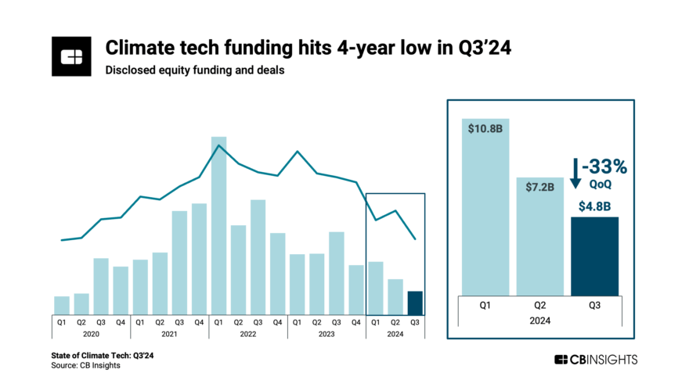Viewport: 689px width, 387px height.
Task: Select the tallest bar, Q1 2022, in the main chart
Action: (218, 226)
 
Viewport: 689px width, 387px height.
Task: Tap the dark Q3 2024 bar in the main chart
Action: (415, 303)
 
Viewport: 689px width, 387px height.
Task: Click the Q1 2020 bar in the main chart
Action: (62, 306)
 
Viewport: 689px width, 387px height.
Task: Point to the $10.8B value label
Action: (485, 129)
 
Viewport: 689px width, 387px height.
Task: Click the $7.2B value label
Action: (539, 187)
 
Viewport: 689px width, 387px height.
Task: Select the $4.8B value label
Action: (594, 207)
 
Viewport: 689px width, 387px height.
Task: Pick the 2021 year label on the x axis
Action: (169, 334)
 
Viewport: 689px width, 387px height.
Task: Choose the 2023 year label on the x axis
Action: (326, 334)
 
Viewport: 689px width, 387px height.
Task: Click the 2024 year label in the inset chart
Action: (540, 321)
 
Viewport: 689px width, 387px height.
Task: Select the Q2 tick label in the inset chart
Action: (540, 306)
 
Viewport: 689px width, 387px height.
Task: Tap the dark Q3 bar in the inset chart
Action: (594, 256)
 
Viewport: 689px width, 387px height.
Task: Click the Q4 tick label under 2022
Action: (278, 321)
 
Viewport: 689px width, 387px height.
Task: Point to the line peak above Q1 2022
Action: (218, 145)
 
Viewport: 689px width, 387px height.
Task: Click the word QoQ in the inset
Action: (601, 185)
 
